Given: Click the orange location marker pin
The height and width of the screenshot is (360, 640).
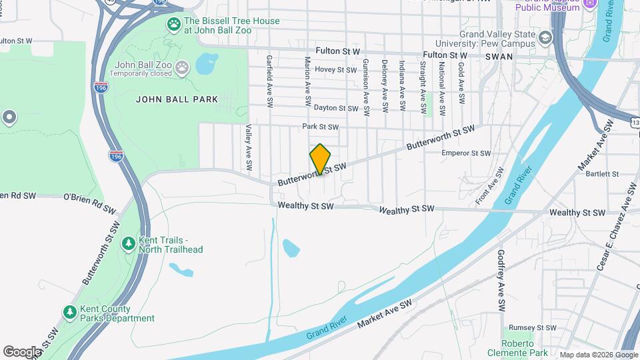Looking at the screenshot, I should pyautogui.click(x=320, y=159).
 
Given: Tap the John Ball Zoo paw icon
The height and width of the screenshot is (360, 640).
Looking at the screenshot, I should pyautogui.click(x=183, y=67).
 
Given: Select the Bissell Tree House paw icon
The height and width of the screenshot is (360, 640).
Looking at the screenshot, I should pyautogui.click(x=174, y=25).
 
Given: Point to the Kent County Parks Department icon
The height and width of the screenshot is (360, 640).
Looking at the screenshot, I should pyautogui.click(x=69, y=312).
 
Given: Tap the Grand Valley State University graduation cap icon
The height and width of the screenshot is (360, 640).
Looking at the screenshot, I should pyautogui.click(x=546, y=37).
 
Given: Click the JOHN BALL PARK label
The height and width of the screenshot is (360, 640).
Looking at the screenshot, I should pyautogui.click(x=177, y=99).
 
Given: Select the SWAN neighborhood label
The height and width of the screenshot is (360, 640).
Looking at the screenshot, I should pyautogui.click(x=499, y=57).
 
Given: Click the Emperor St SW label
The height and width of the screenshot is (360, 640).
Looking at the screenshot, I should pyautogui.click(x=466, y=153).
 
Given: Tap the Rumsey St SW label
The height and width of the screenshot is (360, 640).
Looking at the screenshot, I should pyautogui.click(x=532, y=328).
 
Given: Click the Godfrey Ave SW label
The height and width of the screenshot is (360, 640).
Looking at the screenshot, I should pyautogui.click(x=501, y=281).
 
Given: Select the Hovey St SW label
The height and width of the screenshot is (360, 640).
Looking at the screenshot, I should pyautogui.click(x=336, y=69).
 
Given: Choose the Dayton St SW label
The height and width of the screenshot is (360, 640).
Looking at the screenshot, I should pyautogui.click(x=336, y=108).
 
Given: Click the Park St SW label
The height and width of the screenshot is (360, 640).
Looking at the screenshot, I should pyautogui.click(x=320, y=127).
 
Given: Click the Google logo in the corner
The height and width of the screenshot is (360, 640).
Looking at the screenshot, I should pyautogui.click(x=22, y=351).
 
